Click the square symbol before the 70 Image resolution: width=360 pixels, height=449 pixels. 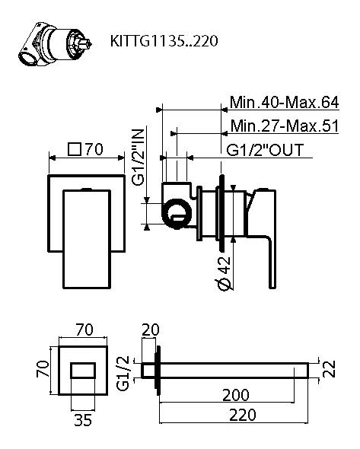[75, 149]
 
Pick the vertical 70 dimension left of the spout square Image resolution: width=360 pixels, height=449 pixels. [44, 370]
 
